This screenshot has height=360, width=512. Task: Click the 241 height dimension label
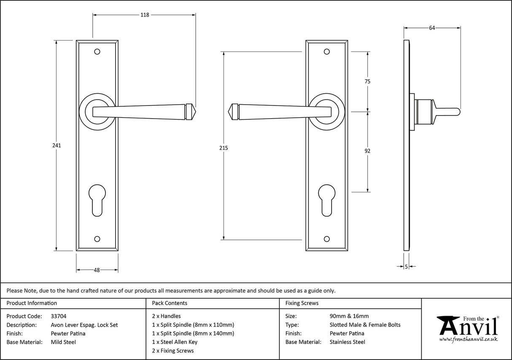click(x=57, y=145)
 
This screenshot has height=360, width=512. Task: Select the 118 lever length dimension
click(x=144, y=15)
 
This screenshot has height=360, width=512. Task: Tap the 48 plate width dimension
click(x=97, y=270)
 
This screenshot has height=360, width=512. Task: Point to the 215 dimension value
click(x=224, y=148)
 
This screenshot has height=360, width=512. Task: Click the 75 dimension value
click(x=367, y=81)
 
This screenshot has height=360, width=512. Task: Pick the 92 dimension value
click(x=367, y=151)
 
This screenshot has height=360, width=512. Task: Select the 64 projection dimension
click(x=432, y=28)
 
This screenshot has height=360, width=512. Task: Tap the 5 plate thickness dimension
click(x=406, y=266)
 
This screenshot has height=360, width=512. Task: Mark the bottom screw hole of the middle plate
click(x=326, y=239)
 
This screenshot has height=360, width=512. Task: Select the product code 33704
click(x=58, y=316)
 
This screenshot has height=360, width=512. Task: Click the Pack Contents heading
click(x=170, y=303)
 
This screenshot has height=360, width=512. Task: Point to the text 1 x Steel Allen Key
click(x=175, y=342)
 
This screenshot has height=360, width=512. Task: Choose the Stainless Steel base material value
click(x=348, y=342)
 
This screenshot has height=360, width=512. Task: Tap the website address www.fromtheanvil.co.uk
click(x=468, y=339)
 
